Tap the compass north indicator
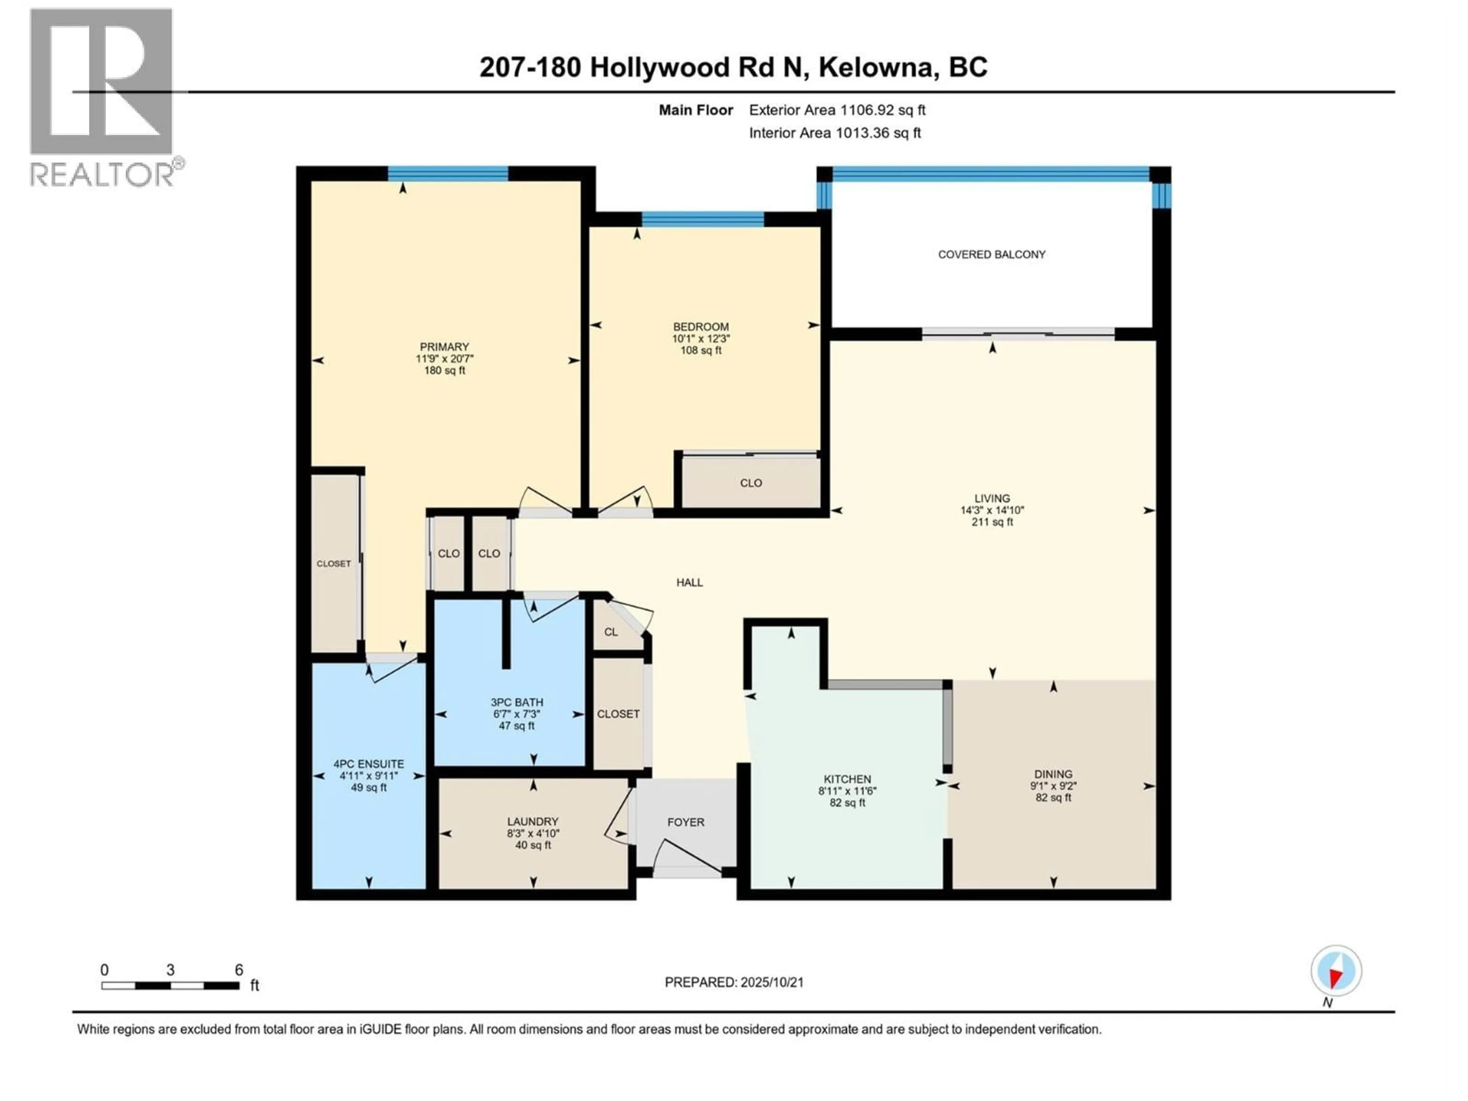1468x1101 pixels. [1336, 971]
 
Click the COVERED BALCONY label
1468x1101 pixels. [992, 254]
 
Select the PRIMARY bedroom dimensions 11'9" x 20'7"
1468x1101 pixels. [444, 358]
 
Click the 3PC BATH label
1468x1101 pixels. [516, 702]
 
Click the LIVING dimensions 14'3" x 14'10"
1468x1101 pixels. [992, 510]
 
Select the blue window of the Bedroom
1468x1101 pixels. [703, 219]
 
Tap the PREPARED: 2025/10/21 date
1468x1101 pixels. [734, 982]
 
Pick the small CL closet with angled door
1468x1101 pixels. [611, 632]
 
